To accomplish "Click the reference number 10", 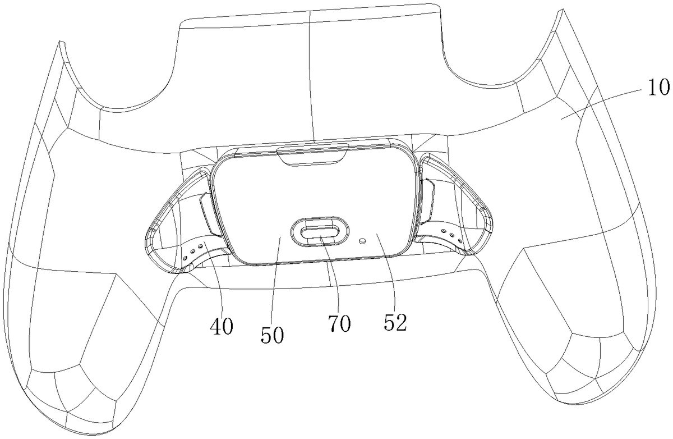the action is pyautogui.click(x=658, y=87).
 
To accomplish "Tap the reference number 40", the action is pyautogui.click(x=222, y=326).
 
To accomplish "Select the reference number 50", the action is pyautogui.click(x=272, y=335).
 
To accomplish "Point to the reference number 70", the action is pyautogui.click(x=339, y=323).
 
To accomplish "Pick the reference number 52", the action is pyautogui.click(x=395, y=322).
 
